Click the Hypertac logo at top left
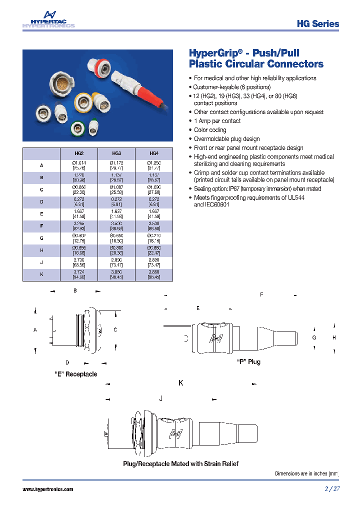click(48, 20)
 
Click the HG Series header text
click(317, 23)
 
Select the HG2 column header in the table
click(78, 154)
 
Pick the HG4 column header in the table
click(154, 154)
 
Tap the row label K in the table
click(41, 274)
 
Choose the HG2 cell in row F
click(78, 225)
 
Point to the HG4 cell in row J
click(154, 262)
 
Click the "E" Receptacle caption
click(75, 374)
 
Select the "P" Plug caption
click(248, 361)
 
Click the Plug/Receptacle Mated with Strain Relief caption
click(180, 463)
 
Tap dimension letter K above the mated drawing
click(181, 383)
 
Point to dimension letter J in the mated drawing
click(160, 398)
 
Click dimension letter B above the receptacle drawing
click(75, 290)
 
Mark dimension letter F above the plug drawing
click(261, 295)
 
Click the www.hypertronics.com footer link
click(48, 489)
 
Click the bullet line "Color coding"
click(210, 130)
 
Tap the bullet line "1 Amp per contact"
click(217, 121)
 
